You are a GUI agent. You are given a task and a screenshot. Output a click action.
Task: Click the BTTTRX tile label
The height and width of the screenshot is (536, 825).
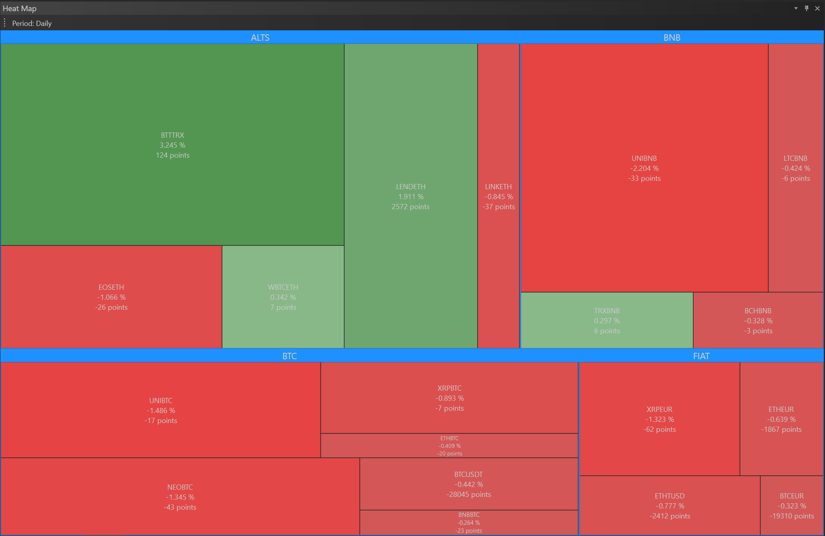173,135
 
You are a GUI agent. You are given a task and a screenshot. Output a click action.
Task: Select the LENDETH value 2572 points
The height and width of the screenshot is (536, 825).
411,207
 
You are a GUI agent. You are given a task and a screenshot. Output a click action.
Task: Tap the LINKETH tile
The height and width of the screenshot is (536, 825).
498,196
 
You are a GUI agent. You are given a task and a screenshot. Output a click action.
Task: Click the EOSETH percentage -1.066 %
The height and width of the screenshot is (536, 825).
111,297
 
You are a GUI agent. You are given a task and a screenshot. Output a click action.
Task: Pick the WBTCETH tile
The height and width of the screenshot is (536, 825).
283,297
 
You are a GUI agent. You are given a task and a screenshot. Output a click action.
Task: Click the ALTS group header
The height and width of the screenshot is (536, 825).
260,38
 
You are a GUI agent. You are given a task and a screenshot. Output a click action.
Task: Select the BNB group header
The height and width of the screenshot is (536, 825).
672,38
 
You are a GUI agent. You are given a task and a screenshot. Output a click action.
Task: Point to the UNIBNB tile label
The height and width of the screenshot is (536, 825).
644,158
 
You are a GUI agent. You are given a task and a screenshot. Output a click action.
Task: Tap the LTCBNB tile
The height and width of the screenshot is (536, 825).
795,168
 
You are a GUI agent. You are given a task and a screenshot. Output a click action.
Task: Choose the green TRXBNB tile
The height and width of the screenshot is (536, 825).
607,320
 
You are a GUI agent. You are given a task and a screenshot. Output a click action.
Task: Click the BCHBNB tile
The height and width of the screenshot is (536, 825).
758,320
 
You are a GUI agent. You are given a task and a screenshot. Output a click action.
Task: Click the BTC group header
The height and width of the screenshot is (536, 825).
290,356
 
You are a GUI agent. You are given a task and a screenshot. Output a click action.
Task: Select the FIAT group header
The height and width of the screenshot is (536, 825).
701,356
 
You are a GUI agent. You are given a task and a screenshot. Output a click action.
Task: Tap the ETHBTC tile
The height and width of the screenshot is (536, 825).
449,446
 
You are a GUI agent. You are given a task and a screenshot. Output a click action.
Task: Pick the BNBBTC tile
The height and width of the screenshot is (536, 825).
469,522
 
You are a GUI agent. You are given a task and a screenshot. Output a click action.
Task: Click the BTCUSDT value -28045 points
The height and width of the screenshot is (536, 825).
469,494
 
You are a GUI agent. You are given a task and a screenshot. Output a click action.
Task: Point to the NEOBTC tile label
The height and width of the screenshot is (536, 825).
180,487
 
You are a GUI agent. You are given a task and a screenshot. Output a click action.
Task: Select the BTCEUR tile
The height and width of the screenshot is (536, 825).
791,506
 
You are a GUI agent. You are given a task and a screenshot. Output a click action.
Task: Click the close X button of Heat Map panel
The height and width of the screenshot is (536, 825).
817,8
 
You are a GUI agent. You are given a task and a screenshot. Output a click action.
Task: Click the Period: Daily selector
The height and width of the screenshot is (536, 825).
32,24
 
